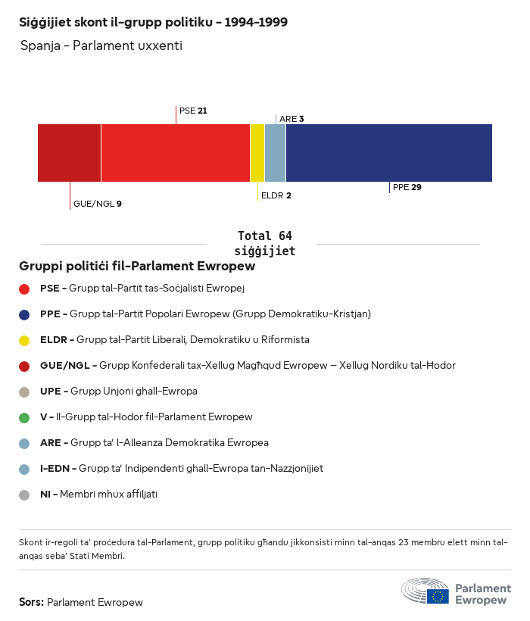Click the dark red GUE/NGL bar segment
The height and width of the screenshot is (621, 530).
point(69,153)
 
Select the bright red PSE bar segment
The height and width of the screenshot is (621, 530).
point(175,153)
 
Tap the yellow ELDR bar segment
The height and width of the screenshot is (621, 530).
point(257,153)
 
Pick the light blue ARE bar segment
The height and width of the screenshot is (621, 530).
point(275,153)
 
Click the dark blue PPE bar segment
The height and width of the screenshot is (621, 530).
point(388,153)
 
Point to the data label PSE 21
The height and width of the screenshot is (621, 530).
point(193,111)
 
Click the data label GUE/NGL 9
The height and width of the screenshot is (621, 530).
point(97,204)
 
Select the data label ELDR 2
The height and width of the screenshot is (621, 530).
point(276,195)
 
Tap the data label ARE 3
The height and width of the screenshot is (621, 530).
point(291,119)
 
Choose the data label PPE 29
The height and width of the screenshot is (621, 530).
point(407,187)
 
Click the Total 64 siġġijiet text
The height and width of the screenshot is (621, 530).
point(264,243)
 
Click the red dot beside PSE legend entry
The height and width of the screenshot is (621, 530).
point(24,289)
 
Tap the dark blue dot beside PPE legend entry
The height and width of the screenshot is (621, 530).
point(24,314)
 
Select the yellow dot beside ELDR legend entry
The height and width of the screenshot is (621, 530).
point(24,340)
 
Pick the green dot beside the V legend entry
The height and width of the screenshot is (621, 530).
point(24,417)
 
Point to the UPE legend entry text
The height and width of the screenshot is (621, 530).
point(118,392)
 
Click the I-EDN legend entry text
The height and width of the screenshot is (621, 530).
point(181,469)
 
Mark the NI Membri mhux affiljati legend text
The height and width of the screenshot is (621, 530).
point(98,495)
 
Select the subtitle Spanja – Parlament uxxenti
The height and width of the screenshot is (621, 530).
point(101,46)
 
